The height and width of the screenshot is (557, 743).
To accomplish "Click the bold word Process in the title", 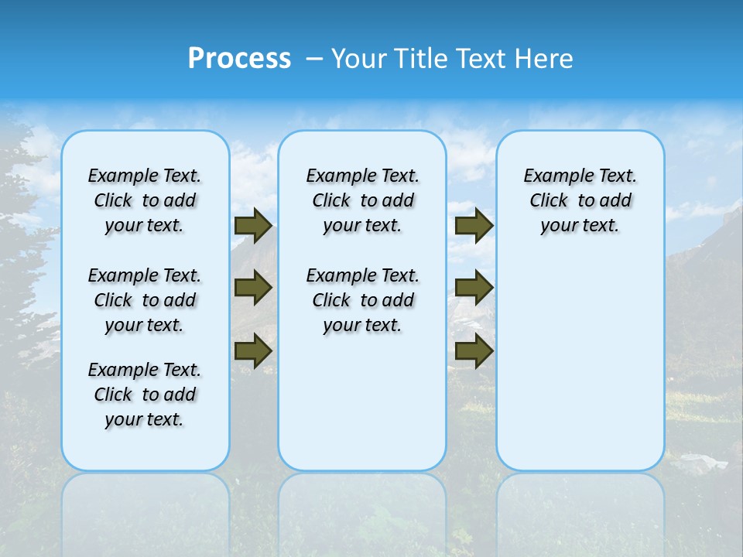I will click(239, 59).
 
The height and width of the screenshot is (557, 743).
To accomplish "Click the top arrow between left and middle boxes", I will click(253, 225).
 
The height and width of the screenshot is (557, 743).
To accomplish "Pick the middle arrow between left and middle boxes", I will click(253, 288).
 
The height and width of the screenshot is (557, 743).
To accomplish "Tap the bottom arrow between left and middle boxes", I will click(253, 350).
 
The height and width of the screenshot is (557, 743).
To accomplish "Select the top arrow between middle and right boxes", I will click(474, 225).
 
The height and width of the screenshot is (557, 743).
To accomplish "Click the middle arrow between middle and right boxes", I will click(474, 288).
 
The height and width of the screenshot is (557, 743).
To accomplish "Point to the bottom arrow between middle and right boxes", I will click(474, 350).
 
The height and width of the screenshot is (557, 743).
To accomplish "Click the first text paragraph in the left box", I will click(145, 200).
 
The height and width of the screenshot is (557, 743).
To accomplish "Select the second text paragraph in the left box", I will click(145, 300).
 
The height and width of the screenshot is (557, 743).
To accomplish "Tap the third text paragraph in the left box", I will click(145, 395).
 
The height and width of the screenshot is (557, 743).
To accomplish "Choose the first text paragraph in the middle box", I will click(362, 200).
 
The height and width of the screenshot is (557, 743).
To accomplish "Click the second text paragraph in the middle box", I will click(362, 300).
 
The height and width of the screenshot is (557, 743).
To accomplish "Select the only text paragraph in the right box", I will click(580, 200).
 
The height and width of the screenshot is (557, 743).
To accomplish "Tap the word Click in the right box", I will click(549, 201).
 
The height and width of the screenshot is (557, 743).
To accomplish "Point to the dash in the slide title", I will click(314, 59).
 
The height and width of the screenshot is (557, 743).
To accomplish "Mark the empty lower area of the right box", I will click(580, 364).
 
